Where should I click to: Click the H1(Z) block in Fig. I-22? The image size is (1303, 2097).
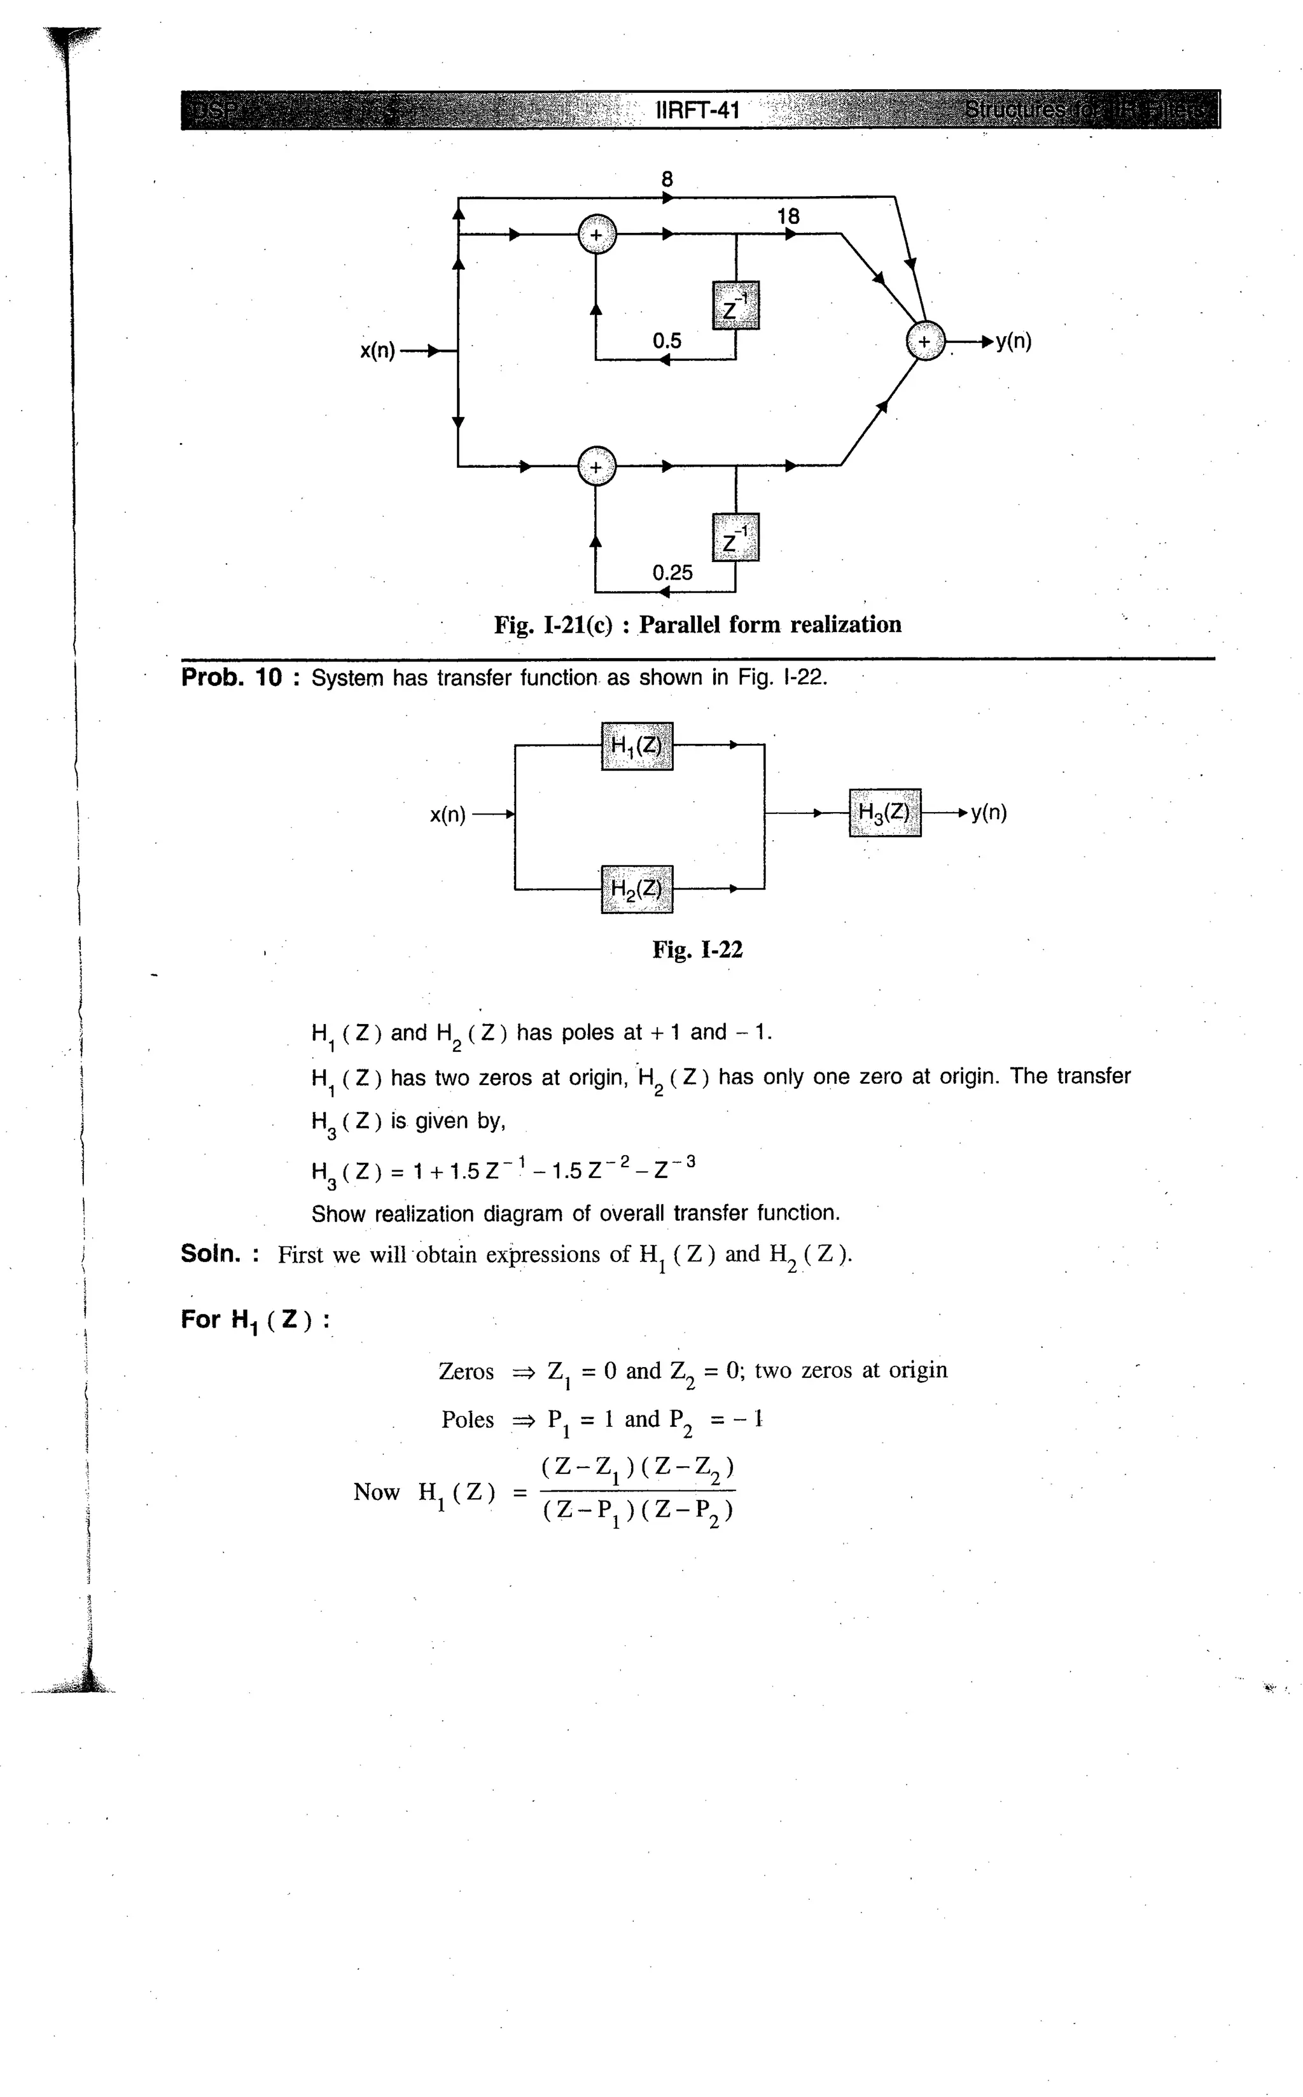[636, 745]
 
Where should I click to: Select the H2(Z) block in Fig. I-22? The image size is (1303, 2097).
[636, 888]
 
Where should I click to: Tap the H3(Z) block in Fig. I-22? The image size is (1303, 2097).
[884, 812]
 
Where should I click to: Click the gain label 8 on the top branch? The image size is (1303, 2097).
[667, 179]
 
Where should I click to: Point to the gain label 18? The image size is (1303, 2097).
[788, 216]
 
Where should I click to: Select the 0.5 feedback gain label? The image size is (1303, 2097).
[666, 340]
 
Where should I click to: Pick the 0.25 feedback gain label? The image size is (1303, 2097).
[672, 572]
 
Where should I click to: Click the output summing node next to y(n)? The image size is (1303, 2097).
[924, 341]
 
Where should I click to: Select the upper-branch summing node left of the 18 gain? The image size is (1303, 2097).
[596, 234]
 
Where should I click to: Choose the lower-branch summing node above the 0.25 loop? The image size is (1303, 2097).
[596, 466]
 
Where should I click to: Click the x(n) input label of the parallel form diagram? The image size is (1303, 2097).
[377, 351]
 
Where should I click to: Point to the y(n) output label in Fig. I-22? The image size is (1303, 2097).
[989, 812]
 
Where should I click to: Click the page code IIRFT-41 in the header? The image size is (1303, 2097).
[698, 110]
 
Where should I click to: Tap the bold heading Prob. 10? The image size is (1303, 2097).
[231, 677]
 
